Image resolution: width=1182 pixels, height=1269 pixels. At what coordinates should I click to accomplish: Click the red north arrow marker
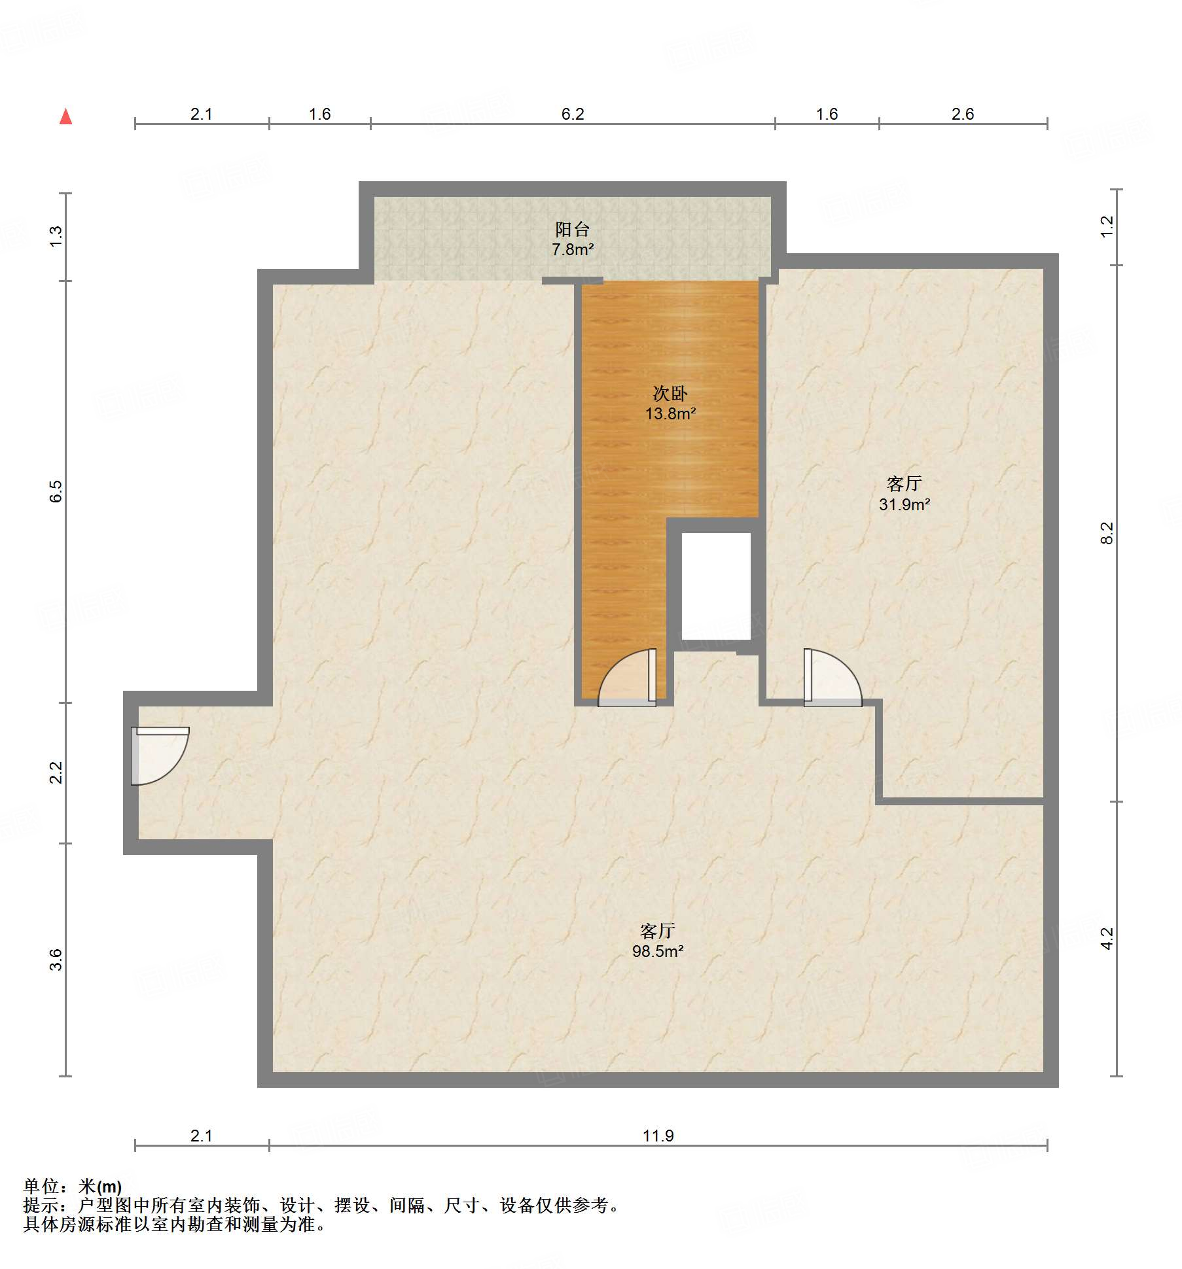coord(65,117)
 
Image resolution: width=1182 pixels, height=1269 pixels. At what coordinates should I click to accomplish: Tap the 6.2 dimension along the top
coord(572,114)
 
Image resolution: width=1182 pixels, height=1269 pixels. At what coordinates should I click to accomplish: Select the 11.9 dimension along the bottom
coord(658,1136)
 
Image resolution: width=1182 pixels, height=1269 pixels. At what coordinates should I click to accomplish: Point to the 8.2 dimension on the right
coord(1106,532)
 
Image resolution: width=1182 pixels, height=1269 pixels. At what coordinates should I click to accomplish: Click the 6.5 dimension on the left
coord(56,491)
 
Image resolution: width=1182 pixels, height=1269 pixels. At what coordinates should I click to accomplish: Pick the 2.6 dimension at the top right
coord(962,114)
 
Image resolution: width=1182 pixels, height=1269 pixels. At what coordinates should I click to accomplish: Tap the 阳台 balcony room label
coord(572,229)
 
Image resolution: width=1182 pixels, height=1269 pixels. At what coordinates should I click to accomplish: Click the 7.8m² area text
coord(572,249)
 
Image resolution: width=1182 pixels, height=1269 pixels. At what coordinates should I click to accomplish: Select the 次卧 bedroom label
coord(670,393)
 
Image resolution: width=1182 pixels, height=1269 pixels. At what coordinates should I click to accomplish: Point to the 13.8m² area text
coord(670,413)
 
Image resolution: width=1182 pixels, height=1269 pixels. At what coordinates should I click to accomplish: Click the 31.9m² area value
coord(904,504)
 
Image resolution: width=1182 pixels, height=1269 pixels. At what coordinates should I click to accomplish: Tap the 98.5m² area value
coord(657,951)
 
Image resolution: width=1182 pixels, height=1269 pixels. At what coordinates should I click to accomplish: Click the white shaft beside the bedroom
coord(716,585)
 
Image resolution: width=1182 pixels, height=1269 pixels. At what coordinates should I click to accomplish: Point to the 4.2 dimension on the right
coord(1106,939)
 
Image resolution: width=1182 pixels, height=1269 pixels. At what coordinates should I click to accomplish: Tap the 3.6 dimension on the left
coord(56,959)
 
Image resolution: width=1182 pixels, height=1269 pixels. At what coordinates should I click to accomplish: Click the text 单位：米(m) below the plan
coord(73,1186)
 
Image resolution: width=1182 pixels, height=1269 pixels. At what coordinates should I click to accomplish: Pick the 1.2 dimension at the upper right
coord(1106,226)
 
